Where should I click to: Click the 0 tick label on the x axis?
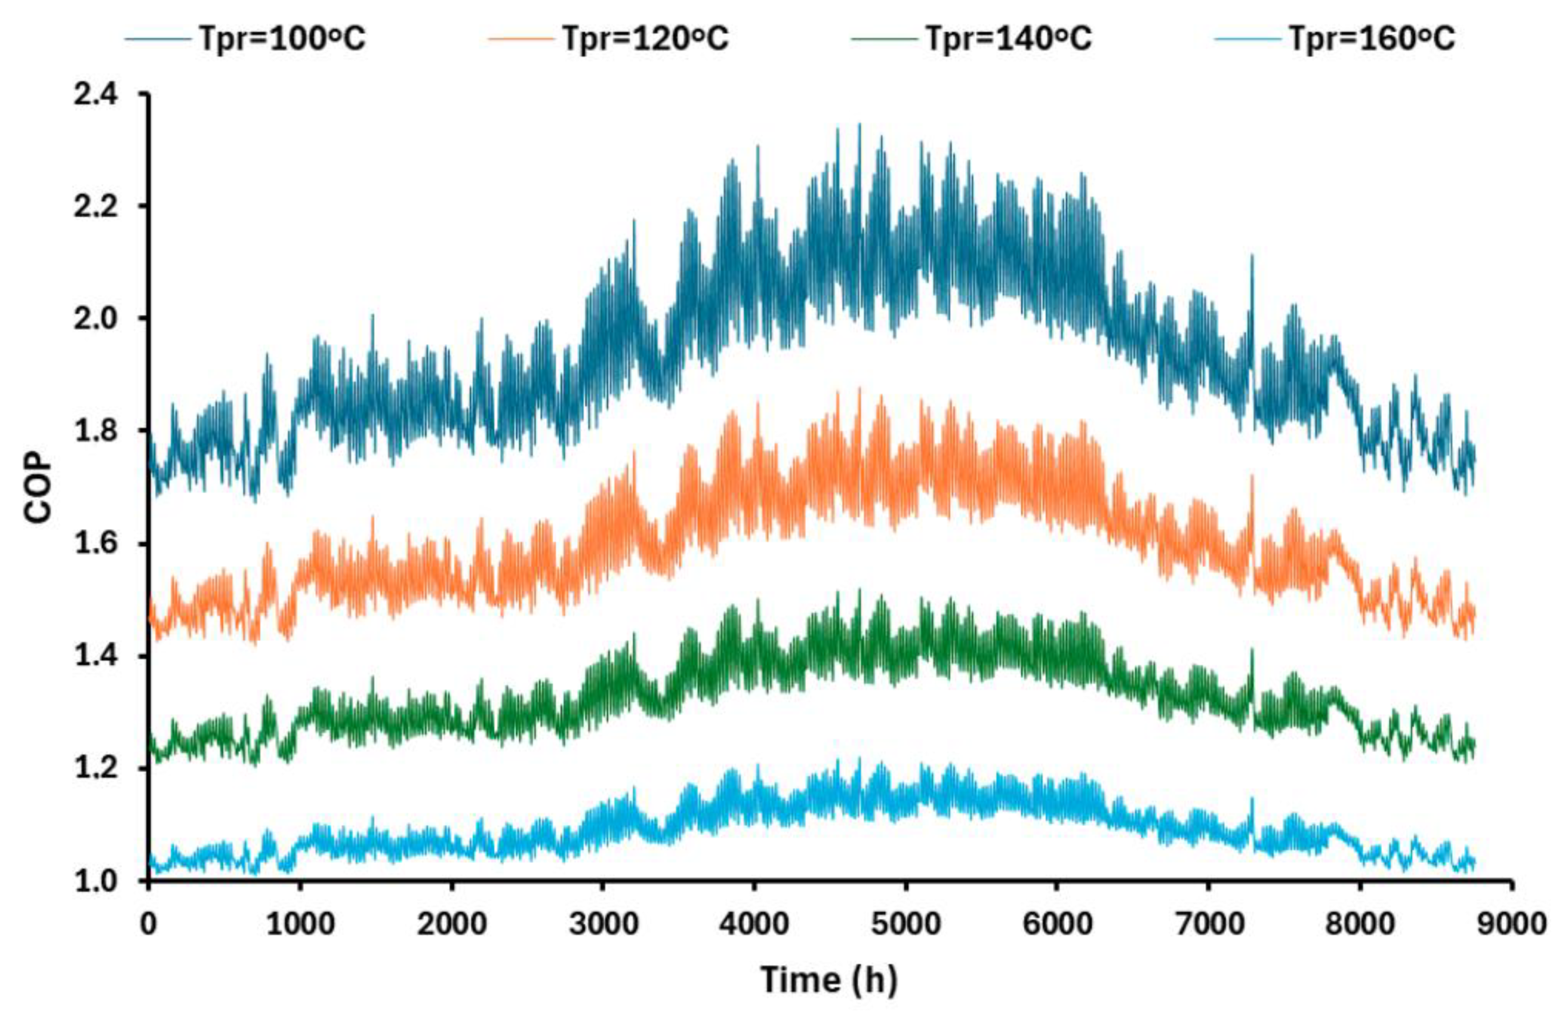[149, 924]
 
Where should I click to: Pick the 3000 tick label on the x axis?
[603, 924]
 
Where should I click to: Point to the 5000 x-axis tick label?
[906, 924]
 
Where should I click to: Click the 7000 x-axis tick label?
[1209, 924]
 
